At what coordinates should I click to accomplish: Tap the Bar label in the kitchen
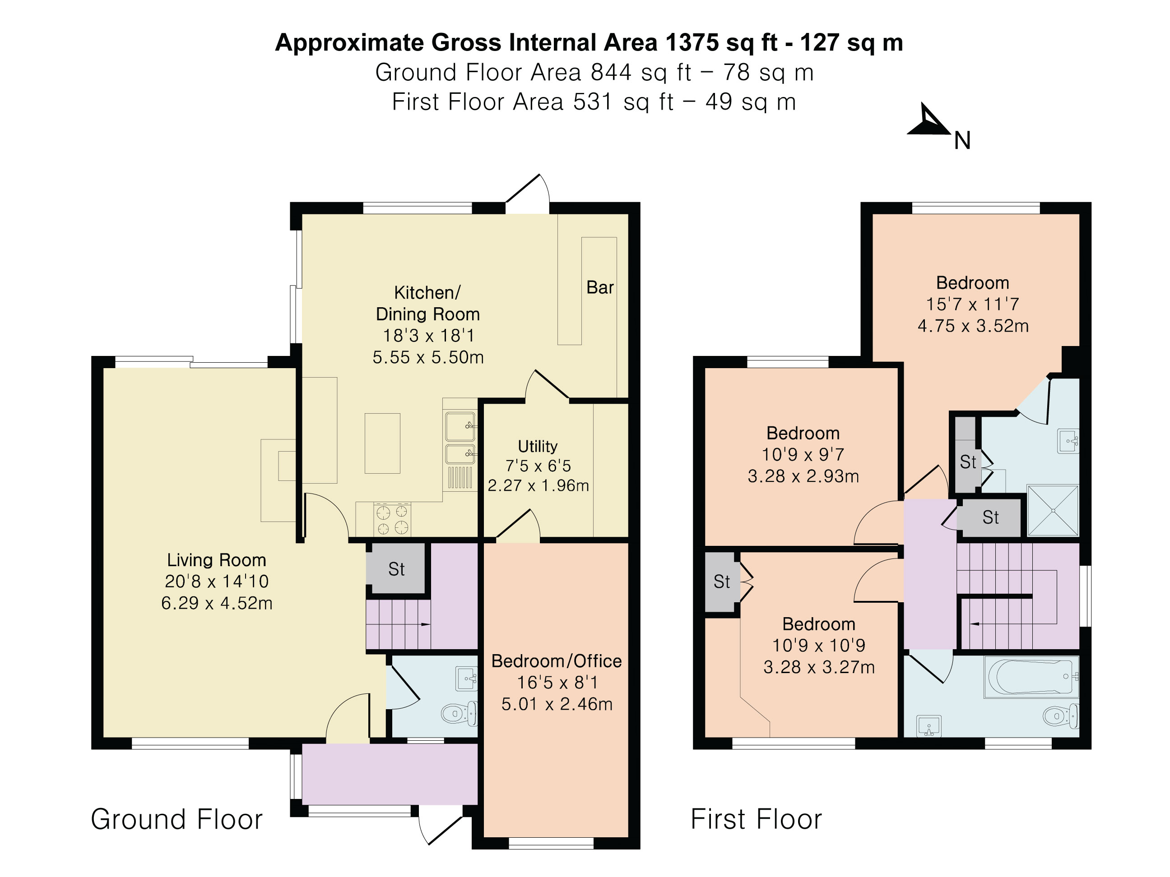tap(600, 287)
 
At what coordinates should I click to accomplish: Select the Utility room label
tap(538, 446)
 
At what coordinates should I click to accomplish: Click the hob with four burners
tap(392, 519)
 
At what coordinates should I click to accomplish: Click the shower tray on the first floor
tap(1053, 511)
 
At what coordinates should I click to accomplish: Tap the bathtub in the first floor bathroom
tap(1031, 677)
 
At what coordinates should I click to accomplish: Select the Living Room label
tap(216, 560)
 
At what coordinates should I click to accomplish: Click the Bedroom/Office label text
tap(557, 661)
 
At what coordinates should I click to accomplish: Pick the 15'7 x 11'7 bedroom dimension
tap(972, 304)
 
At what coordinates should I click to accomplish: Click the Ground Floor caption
tap(176, 819)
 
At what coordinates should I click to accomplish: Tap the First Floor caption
tap(757, 819)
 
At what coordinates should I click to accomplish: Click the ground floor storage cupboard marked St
tap(396, 569)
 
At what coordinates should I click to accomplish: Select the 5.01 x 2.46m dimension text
tap(557, 704)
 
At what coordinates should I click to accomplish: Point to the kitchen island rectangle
tap(382, 443)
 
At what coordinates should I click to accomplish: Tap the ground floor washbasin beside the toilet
tap(466, 678)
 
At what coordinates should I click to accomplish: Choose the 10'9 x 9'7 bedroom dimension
tap(803, 455)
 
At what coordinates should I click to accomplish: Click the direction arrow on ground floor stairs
tap(425, 624)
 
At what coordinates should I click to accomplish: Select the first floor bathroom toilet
tap(1061, 716)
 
